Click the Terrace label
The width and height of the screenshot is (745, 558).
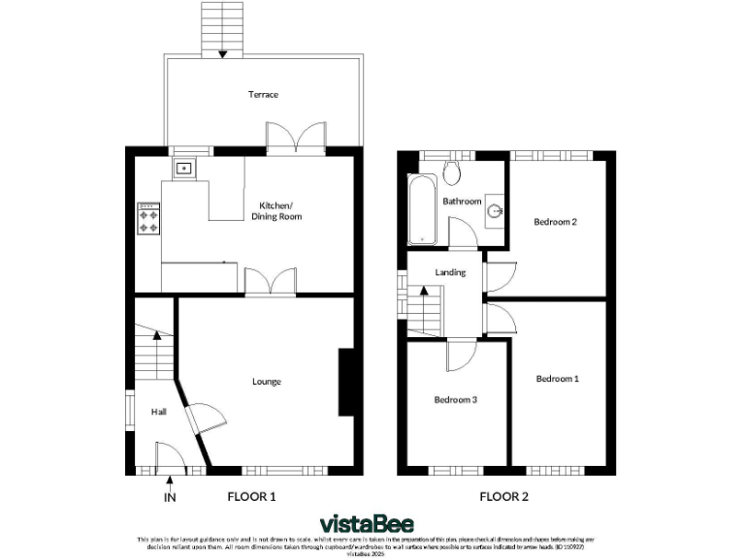[263, 95]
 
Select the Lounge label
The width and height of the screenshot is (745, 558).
[267, 382]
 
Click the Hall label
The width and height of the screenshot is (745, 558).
[158, 413]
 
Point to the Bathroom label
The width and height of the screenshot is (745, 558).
[462, 201]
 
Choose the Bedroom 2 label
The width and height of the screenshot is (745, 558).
[556, 222]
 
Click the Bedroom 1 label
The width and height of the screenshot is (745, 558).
[558, 379]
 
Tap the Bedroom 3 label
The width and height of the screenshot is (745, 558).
[455, 399]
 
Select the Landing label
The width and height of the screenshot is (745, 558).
[451, 272]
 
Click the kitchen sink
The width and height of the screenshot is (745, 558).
[182, 168]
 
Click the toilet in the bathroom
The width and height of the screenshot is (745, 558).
[451, 172]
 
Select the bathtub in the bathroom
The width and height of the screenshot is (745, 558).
[423, 209]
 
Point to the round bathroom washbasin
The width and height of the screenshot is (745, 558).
[496, 209]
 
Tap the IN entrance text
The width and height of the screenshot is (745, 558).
[171, 498]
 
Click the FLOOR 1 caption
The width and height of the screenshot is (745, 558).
[251, 497]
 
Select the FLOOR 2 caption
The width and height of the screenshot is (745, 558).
[503, 497]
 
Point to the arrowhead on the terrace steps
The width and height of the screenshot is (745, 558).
[222, 53]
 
